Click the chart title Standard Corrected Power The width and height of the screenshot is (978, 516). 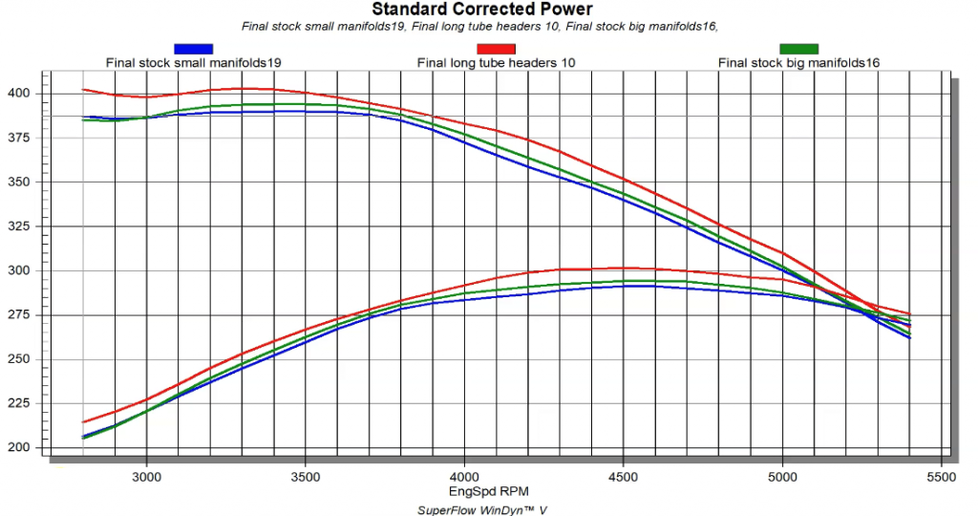482,10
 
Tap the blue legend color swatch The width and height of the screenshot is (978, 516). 194,49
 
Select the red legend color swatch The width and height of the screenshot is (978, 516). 496,49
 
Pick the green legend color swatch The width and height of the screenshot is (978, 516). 798,49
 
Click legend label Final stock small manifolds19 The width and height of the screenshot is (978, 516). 194,63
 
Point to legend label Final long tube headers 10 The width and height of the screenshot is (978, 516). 496,63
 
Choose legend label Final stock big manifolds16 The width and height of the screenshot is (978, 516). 798,63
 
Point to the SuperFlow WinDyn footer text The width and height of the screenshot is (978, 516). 482,509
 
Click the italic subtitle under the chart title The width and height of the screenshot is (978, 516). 479,27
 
